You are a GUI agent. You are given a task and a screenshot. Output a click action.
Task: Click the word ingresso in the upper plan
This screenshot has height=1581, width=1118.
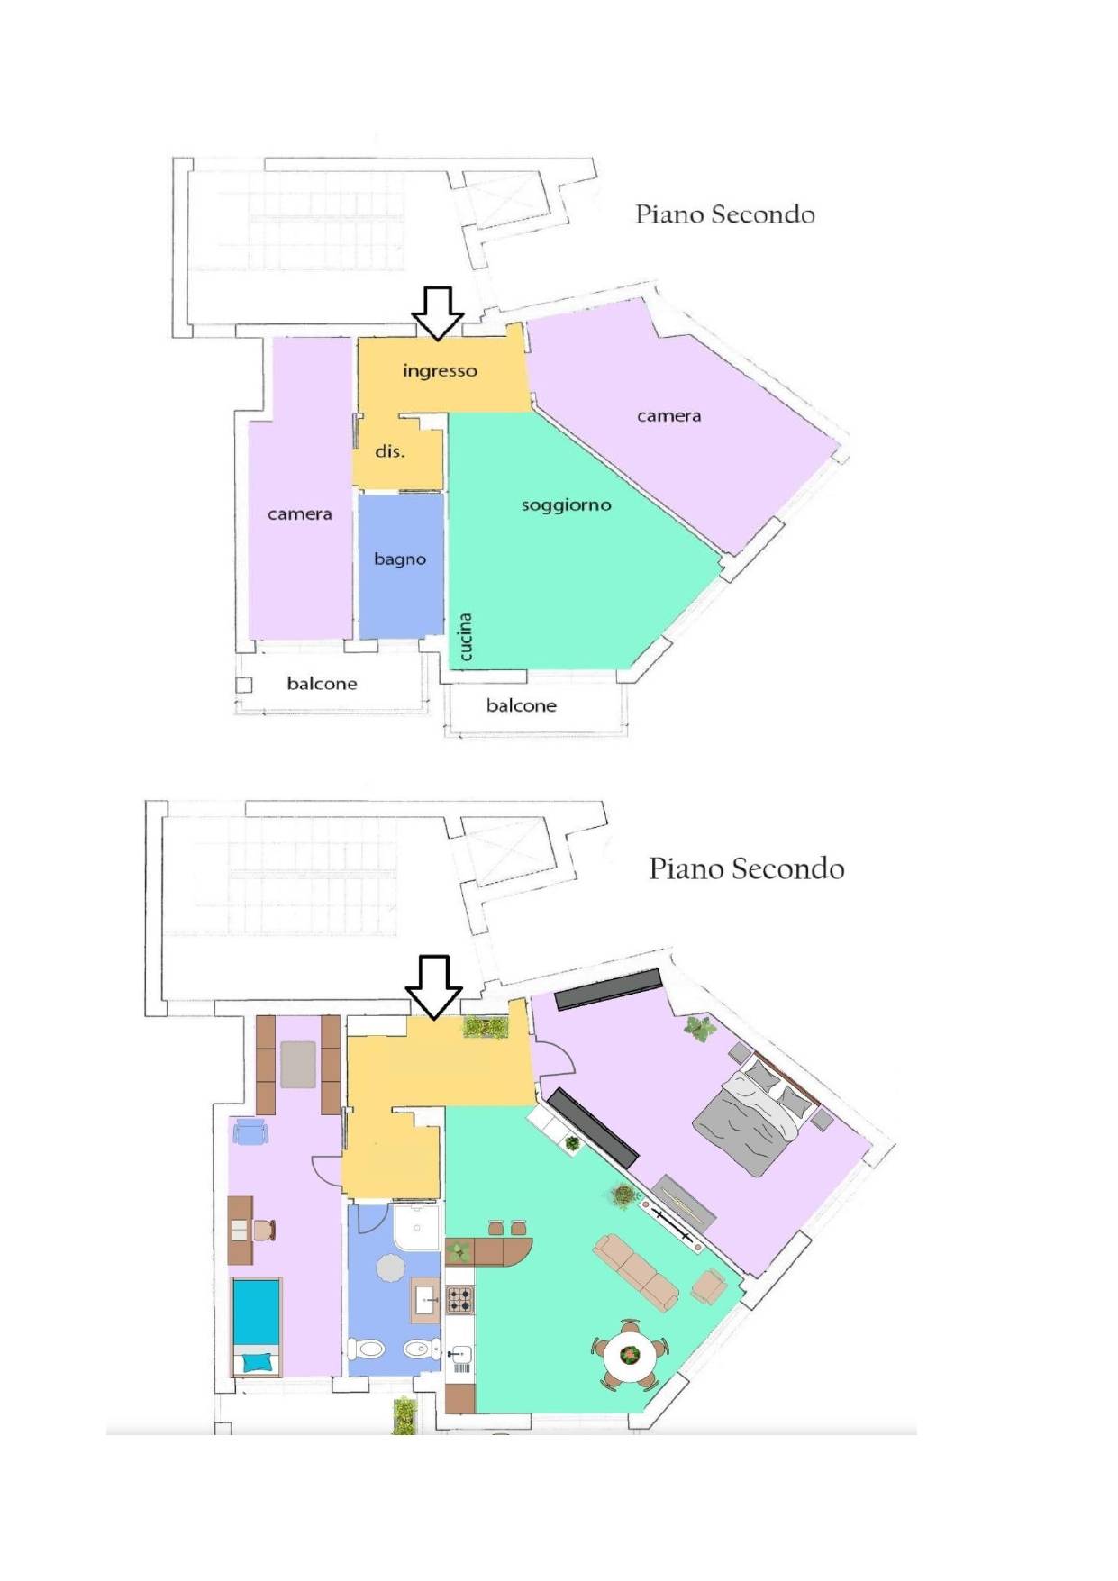click(440, 371)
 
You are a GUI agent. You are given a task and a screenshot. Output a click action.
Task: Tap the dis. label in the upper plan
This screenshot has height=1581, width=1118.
click(390, 450)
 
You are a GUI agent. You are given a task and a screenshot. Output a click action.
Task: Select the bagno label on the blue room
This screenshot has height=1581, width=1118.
click(400, 559)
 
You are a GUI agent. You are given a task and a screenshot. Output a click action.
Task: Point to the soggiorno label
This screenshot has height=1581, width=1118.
click(567, 505)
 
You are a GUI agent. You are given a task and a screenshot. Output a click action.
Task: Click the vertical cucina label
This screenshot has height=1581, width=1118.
click(465, 637)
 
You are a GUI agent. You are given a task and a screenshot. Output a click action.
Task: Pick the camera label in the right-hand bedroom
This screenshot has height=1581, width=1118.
click(668, 416)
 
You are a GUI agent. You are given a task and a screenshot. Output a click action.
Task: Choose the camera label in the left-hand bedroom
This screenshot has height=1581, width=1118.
click(300, 514)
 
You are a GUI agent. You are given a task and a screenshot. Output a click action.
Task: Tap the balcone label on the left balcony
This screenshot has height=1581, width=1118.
click(322, 684)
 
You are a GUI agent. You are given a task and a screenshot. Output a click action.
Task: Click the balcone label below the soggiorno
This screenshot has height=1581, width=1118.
click(522, 705)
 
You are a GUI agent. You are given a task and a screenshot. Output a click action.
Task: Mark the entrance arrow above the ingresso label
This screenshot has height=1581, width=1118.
click(438, 313)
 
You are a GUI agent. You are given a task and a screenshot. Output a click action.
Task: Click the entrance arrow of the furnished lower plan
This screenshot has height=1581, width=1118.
click(434, 988)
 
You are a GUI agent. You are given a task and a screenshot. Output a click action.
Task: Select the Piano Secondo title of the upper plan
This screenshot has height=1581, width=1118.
click(725, 214)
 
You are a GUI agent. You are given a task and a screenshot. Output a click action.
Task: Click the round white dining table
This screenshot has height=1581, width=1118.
click(630, 1354)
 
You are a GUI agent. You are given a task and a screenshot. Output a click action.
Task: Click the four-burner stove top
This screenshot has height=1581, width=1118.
click(459, 1299)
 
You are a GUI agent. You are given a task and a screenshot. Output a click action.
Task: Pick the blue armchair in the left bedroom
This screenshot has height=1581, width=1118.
click(250, 1131)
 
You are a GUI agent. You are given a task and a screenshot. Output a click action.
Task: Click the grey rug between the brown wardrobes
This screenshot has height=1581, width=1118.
click(298, 1064)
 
